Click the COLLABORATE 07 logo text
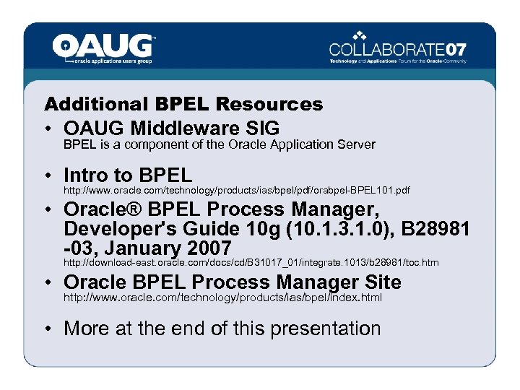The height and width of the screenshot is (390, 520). (x=398, y=50)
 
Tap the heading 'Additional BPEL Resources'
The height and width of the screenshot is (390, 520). (x=183, y=105)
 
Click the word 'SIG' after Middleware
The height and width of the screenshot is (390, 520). (x=262, y=128)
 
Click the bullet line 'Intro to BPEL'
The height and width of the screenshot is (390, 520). (x=128, y=175)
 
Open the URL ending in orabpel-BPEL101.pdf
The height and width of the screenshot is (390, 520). (x=237, y=191)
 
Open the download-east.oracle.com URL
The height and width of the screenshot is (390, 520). (x=251, y=263)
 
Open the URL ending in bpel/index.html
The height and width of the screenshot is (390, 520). (x=222, y=298)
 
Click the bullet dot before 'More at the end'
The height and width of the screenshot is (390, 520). (x=46, y=329)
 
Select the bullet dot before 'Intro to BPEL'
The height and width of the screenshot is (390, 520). (x=46, y=175)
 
